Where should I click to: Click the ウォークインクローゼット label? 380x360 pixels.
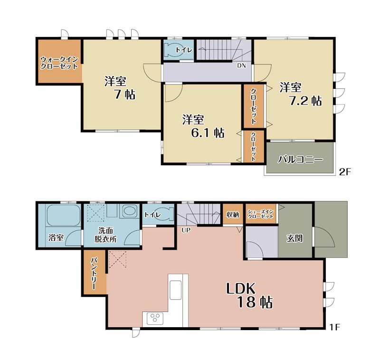point(59,63)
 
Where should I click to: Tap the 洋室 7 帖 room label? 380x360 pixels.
point(120,88)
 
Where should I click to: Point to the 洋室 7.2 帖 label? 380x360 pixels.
point(301,94)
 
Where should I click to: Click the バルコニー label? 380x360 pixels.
point(300,160)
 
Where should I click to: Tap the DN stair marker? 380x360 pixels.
point(241,66)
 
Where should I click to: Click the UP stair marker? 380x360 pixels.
point(186,230)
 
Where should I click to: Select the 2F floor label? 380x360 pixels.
point(345,172)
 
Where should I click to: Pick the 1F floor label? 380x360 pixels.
point(334,327)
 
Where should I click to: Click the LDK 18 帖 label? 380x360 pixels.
point(250,295)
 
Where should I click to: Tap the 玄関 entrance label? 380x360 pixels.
point(294,238)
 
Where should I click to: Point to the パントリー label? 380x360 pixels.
point(94,274)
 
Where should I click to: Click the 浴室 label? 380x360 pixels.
point(56,237)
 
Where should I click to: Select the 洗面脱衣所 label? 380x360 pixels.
point(105,235)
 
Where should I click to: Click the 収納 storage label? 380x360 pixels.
point(233,214)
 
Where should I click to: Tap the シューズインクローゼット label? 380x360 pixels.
point(260,214)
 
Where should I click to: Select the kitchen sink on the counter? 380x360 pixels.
point(176,290)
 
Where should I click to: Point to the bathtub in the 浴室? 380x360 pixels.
point(64,215)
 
